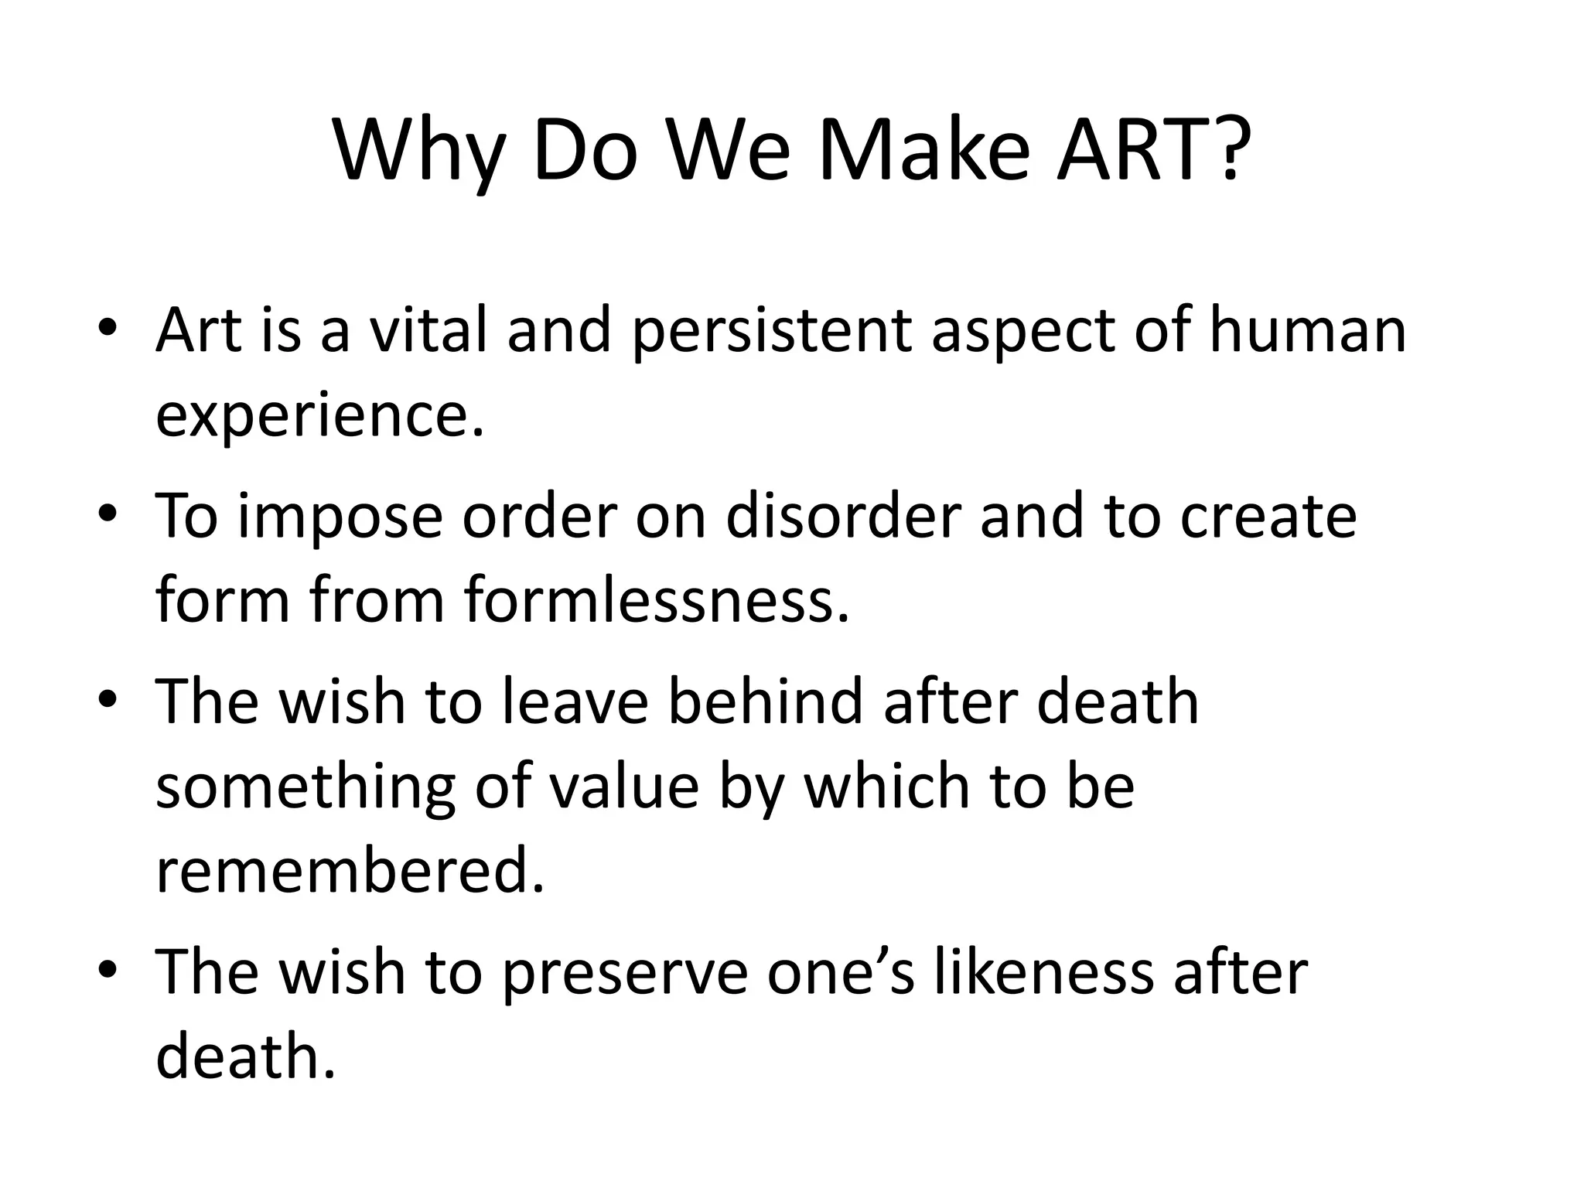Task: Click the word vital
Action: pos(427,330)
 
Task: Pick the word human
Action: pos(1307,330)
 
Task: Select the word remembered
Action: pos(350,871)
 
